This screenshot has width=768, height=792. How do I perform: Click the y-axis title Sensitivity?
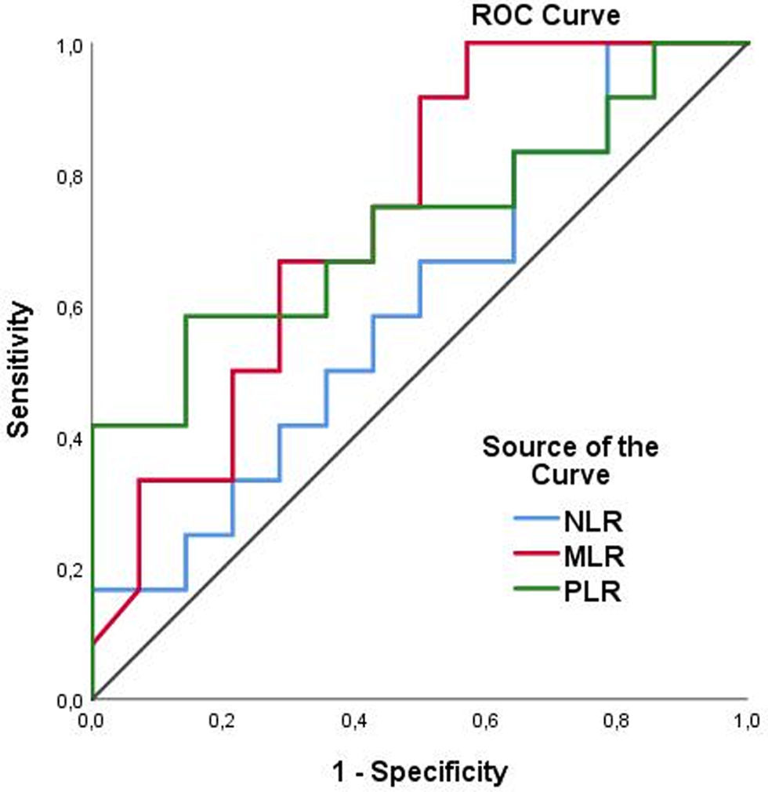tap(23, 370)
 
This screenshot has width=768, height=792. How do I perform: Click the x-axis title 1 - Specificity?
tap(419, 772)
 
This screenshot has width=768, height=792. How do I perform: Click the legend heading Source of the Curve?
tap(570, 462)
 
